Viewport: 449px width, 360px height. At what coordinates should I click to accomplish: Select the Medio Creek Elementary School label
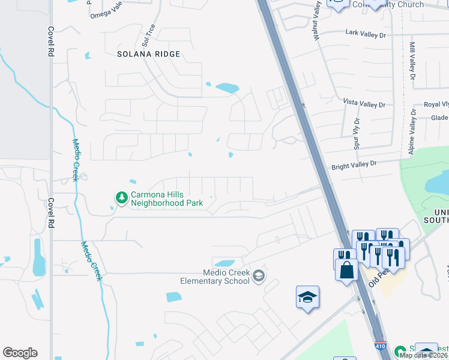[215, 277]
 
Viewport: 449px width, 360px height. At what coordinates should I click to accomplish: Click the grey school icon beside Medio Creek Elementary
[259, 276]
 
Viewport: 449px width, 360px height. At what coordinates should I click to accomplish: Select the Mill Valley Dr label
[412, 61]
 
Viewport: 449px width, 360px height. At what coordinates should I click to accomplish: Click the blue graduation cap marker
[307, 296]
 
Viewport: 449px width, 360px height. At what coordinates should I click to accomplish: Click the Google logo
[20, 353]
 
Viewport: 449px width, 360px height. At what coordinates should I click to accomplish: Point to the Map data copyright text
[424, 355]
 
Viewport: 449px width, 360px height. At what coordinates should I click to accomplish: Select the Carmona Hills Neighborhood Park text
[167, 199]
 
